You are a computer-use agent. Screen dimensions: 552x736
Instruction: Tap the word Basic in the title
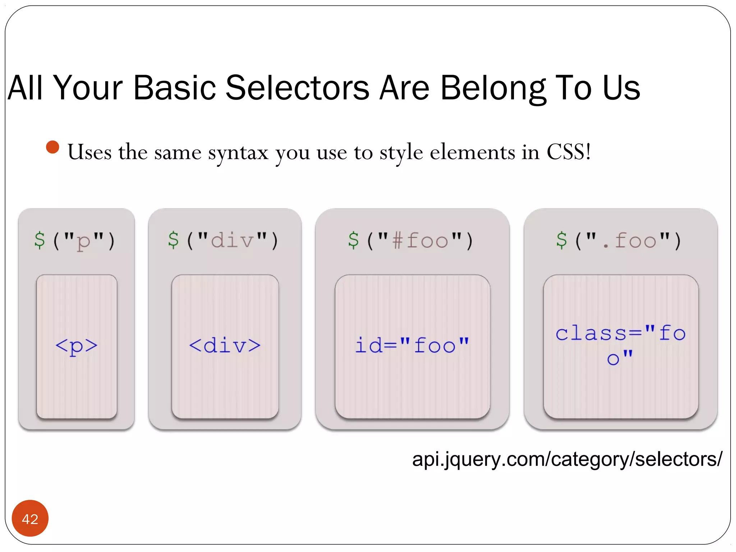174,88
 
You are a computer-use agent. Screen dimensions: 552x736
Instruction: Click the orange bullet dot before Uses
52,147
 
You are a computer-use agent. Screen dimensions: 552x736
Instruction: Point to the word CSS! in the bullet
569,152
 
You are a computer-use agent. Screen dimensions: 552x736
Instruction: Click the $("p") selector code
75,240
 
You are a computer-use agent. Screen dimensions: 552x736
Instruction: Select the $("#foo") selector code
411,240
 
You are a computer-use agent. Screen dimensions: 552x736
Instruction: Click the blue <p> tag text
76,346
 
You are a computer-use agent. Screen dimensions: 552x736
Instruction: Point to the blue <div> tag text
225,345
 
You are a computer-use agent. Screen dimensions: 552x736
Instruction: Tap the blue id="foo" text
412,345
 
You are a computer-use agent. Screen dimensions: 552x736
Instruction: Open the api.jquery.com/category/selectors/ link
567,459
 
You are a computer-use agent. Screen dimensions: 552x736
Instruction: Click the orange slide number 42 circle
30,518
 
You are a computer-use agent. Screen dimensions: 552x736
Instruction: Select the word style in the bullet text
401,153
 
